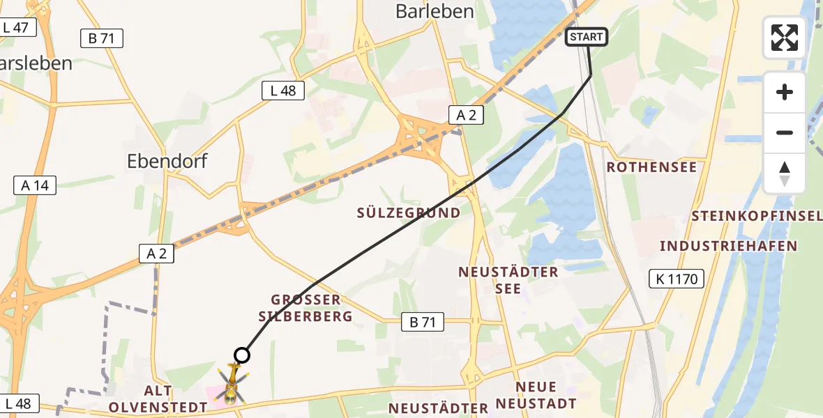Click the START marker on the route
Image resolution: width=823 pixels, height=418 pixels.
[x=587, y=37]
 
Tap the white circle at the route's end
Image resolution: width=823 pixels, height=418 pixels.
[x=241, y=355]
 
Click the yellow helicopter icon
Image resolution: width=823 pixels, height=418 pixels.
[x=231, y=385]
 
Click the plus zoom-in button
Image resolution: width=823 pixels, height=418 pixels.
[x=785, y=92]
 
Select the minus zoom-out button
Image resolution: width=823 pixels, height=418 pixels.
[x=785, y=132]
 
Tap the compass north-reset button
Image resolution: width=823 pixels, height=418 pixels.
[x=785, y=173]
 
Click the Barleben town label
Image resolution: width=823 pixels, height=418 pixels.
[x=435, y=11]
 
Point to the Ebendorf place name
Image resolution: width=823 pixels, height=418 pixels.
[x=167, y=161]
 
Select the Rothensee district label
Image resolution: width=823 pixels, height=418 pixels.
[x=651, y=167]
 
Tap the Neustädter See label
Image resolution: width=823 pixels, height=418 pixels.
[x=508, y=279]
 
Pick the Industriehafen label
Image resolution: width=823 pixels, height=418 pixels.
[x=728, y=246]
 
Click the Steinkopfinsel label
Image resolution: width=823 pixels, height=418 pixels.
[x=757, y=217]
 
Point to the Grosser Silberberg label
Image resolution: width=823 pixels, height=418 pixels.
[x=306, y=308]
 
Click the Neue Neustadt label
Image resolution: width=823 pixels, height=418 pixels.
[x=536, y=395]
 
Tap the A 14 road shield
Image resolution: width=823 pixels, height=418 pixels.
[x=35, y=185]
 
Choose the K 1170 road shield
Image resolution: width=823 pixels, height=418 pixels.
[x=676, y=279]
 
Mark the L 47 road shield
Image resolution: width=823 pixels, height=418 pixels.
[x=15, y=28]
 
